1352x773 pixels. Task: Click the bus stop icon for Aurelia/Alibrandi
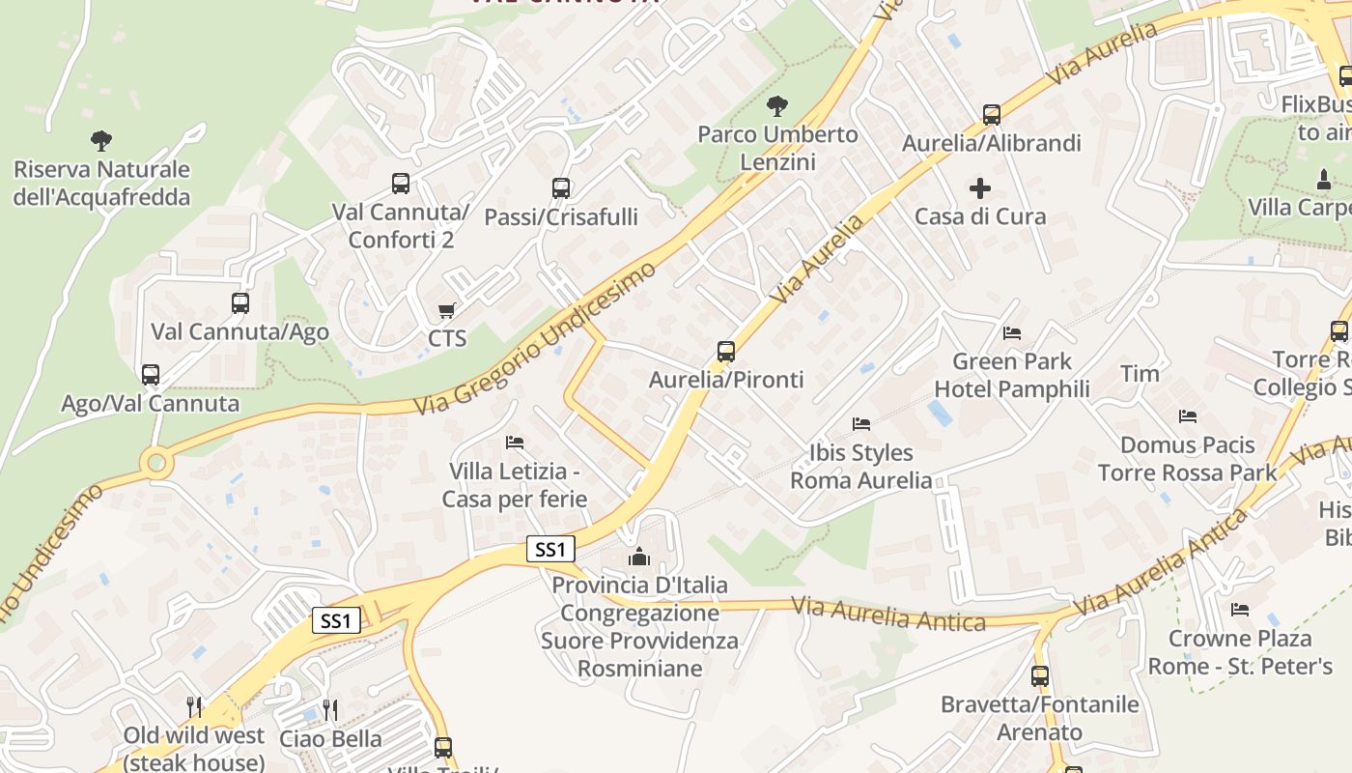point(992,115)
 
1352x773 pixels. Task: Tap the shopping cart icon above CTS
point(446,310)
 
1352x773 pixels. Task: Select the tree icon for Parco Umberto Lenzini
point(776,105)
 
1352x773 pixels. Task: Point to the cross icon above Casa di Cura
point(980,187)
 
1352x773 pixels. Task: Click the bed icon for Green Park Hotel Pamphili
point(1011,333)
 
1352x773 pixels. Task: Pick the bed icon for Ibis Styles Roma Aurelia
point(861,424)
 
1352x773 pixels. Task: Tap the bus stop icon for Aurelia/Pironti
point(726,352)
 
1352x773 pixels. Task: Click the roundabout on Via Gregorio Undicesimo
point(156,464)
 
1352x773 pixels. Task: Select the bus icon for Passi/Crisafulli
point(561,188)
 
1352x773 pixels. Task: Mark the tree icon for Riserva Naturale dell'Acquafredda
point(101,141)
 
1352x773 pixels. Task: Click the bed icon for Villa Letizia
point(515,443)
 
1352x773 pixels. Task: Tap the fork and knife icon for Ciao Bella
point(330,710)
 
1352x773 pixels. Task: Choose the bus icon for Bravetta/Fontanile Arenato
point(1040,676)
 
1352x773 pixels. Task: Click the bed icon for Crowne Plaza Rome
point(1240,610)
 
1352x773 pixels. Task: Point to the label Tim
point(1140,373)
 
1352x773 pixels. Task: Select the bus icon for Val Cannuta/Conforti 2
point(401,183)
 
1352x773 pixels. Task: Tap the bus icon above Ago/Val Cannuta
point(151,375)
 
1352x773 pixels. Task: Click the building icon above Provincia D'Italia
point(639,557)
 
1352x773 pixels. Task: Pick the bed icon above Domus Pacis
point(1188,416)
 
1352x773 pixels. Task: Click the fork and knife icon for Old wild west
point(194,707)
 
